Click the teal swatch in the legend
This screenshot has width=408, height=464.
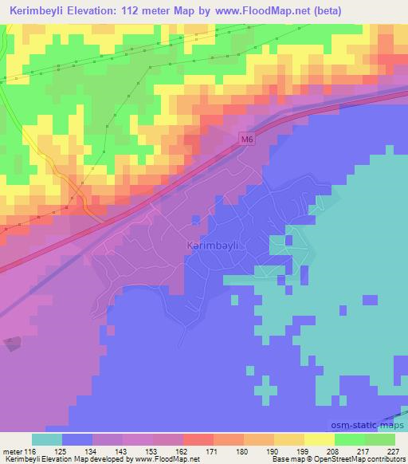coord(47,439)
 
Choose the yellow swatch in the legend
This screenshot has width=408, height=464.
coord(319,439)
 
